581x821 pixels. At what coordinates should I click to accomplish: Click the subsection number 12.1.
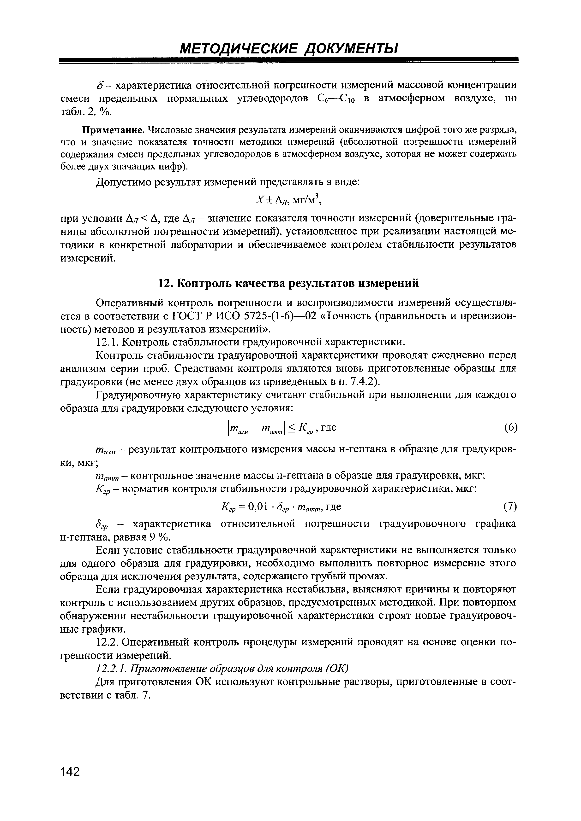(108, 342)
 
